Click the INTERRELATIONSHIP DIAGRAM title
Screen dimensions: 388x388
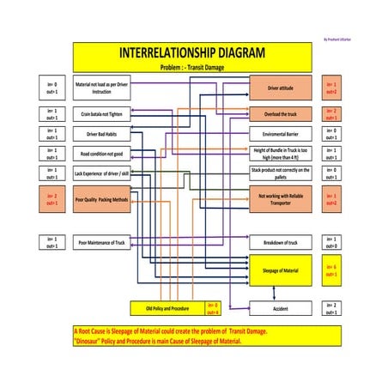pyautogui.click(x=191, y=53)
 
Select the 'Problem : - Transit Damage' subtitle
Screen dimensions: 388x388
pyautogui.click(x=191, y=67)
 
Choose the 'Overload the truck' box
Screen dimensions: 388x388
pyautogui.click(x=280, y=113)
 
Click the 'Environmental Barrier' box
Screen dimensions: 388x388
pyautogui.click(x=280, y=134)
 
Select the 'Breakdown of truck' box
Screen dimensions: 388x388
pyautogui.click(x=280, y=244)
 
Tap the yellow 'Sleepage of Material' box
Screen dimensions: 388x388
pyautogui.click(x=280, y=270)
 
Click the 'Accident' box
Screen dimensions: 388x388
pyautogui.click(x=280, y=308)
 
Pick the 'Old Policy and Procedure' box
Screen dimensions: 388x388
pyautogui.click(x=167, y=308)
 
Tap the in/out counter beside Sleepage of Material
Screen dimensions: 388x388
pyautogui.click(x=330, y=270)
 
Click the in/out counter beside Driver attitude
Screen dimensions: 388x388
pyautogui.click(x=330, y=88)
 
